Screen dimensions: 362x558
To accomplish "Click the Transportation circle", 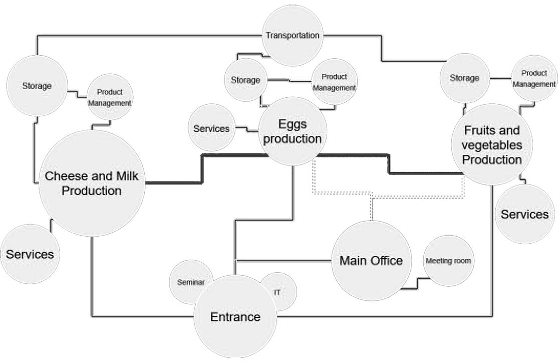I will [x=293, y=36].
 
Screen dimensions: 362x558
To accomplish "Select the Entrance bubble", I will [x=235, y=317].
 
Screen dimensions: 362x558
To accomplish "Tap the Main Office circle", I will [x=371, y=261].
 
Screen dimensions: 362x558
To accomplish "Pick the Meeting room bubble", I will [x=448, y=261].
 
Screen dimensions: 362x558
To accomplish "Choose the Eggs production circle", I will [x=292, y=131].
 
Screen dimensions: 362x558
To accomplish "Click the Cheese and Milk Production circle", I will [x=92, y=183].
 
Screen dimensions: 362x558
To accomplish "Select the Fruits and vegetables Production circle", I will [x=491, y=145].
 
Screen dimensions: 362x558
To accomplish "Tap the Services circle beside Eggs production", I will [x=211, y=128].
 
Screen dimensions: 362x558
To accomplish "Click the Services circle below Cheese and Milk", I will [x=30, y=254].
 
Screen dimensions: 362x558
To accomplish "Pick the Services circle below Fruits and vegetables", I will [x=524, y=215].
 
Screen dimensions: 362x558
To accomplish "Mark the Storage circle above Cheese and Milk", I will [x=37, y=86].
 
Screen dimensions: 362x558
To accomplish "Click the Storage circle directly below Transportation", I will [x=245, y=80].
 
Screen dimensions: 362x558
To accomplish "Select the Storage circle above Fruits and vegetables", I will [x=464, y=78].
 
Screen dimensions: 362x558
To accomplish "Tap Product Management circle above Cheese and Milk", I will [x=110, y=97].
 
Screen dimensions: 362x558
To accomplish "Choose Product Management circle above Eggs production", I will [x=334, y=82].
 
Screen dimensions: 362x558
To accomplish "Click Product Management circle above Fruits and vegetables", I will [x=534, y=79].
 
